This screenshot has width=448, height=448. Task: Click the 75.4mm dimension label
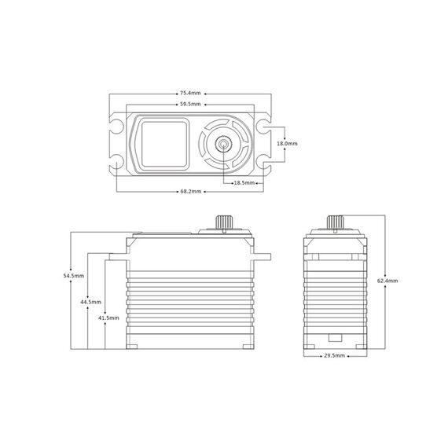(190, 94)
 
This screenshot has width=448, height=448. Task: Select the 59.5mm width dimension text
(190, 105)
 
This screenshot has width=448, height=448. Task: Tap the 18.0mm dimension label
(287, 143)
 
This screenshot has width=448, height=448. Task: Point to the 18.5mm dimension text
(244, 183)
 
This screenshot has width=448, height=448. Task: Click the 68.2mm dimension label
(190, 192)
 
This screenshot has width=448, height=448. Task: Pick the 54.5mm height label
(74, 276)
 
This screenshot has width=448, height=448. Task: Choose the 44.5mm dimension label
(91, 302)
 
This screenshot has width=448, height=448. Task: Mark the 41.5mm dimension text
(108, 318)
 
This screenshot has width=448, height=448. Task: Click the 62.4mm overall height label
(387, 281)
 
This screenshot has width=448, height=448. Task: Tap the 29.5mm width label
(335, 356)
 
